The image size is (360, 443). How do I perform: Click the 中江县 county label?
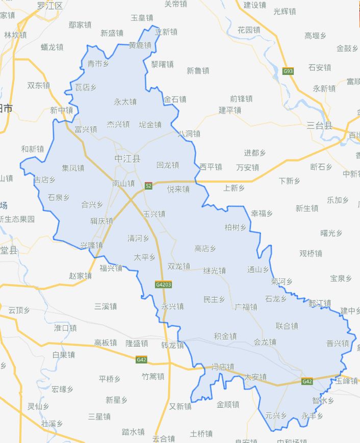[x=127, y=159]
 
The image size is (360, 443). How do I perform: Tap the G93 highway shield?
[x=289, y=71]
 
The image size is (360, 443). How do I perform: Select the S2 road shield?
[x=148, y=186]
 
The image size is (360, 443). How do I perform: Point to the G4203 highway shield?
[x=164, y=284]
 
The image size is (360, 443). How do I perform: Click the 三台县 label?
[x=320, y=125]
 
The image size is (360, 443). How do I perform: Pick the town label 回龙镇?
[x=168, y=165]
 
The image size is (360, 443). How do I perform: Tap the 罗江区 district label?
[x=50, y=6]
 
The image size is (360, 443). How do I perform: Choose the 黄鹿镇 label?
[x=140, y=45]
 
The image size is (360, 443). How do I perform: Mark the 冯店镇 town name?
[x=223, y=367]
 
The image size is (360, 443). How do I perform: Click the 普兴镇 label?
[x=338, y=343]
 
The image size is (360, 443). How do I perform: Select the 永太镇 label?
[x=125, y=102]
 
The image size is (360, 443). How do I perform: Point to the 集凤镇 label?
[x=73, y=168]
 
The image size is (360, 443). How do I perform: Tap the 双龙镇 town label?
[x=178, y=266]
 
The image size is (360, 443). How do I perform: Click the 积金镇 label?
[x=225, y=336]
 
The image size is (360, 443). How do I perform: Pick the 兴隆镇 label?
[x=91, y=245]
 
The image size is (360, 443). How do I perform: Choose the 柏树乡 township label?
[x=236, y=227]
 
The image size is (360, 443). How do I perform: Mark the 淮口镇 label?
[x=65, y=328]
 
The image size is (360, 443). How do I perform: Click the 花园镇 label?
[x=249, y=30]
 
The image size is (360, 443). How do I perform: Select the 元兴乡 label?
[x=276, y=415]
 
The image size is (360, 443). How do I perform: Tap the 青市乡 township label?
[x=98, y=64]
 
